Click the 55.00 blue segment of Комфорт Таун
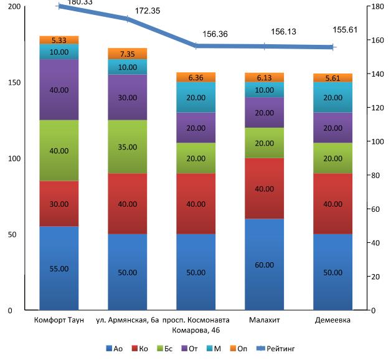[59, 268]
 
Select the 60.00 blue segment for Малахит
[264, 265]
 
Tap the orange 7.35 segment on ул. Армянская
[127, 54]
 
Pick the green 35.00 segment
[127, 146]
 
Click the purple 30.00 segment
[127, 97]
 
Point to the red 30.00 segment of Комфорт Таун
[59, 204]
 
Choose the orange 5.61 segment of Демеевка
[332, 78]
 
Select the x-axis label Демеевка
[332, 320]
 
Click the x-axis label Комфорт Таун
[59, 320]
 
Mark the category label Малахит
[264, 320]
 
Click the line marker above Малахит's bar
[264, 47]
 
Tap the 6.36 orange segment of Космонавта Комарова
[195, 77]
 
